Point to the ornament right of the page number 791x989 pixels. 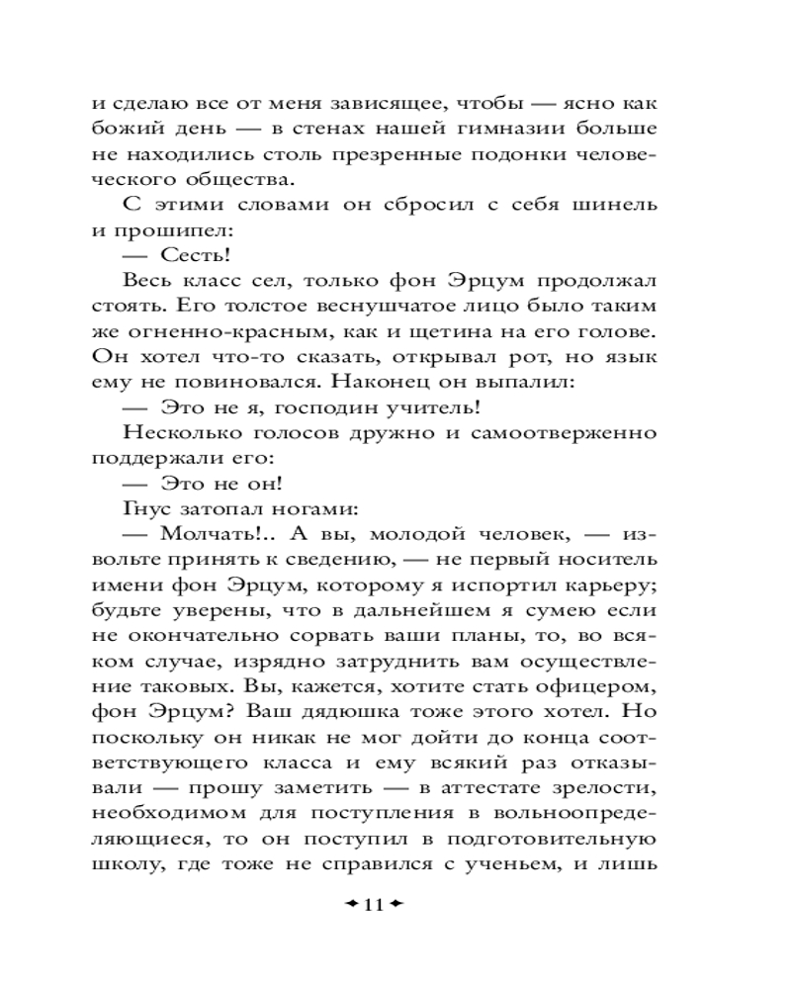point(399,906)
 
